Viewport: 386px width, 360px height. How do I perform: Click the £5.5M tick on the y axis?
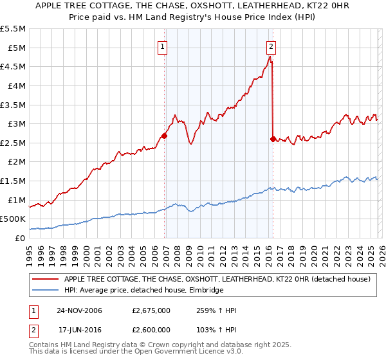click(x=14, y=29)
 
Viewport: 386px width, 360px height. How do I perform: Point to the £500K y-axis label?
click(x=14, y=219)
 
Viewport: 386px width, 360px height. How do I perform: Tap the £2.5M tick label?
click(x=14, y=143)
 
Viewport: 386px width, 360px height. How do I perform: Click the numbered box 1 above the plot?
click(x=163, y=46)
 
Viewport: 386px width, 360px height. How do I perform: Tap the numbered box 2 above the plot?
click(x=271, y=46)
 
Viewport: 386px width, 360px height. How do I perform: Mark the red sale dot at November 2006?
click(x=165, y=136)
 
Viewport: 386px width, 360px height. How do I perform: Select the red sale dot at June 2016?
click(x=273, y=138)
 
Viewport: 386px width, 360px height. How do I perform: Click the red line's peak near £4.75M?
click(x=270, y=57)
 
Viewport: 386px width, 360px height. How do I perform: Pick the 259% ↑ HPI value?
click(x=216, y=310)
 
